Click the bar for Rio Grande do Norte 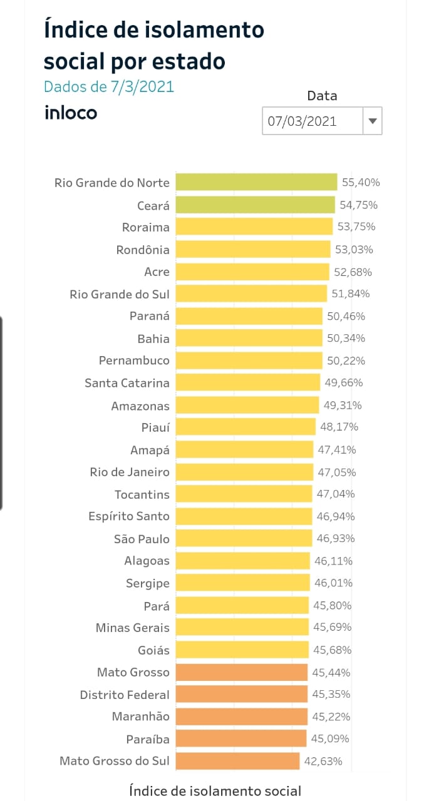click(x=256, y=182)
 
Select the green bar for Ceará click(x=255, y=205)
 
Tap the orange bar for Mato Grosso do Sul click(x=237, y=761)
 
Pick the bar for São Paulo click(x=244, y=538)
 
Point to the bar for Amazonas click(x=247, y=406)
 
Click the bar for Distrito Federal click(x=241, y=694)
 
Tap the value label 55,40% click(x=361, y=183)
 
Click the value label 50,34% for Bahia click(x=346, y=339)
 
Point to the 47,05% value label click(x=336, y=472)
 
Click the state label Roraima click(x=146, y=227)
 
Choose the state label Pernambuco click(x=134, y=361)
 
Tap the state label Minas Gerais click(x=132, y=628)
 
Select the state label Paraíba click(x=149, y=739)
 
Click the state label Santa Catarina click(x=127, y=383)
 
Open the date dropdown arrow click(x=372, y=121)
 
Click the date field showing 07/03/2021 click(x=311, y=121)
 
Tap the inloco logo click(x=71, y=113)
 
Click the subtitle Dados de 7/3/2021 click(x=109, y=86)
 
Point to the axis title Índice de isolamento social click(x=215, y=790)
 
